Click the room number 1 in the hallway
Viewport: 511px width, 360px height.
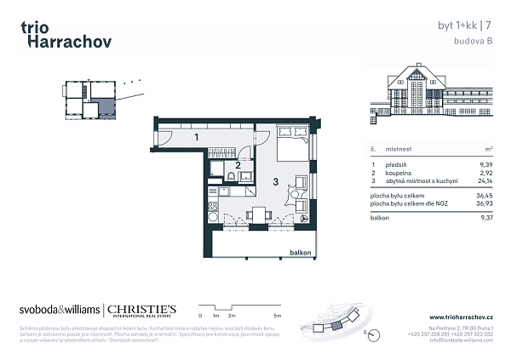(x=196, y=137)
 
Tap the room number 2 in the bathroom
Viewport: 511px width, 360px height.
(x=238, y=165)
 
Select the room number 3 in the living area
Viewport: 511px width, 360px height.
(x=275, y=181)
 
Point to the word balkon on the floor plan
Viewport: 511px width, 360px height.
(x=301, y=253)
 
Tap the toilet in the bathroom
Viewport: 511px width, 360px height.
(x=230, y=177)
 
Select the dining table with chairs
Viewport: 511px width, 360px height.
(x=256, y=214)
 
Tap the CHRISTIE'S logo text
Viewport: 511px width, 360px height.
(x=141, y=309)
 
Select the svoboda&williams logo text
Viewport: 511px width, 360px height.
(x=59, y=310)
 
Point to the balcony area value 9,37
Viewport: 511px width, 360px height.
(x=486, y=217)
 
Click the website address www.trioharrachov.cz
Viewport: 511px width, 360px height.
(x=461, y=317)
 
